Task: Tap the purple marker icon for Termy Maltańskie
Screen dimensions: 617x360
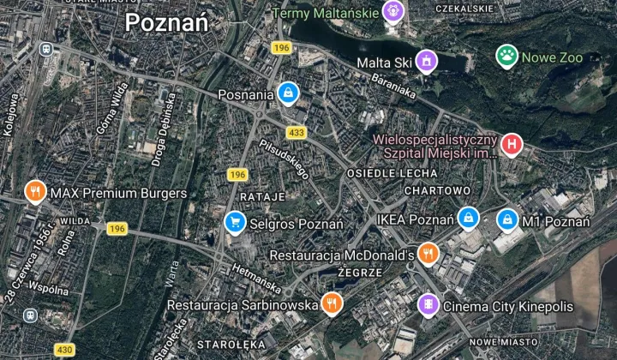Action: [x=393, y=10]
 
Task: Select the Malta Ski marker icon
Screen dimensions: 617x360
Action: [x=426, y=61]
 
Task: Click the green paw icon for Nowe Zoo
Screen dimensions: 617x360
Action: [x=507, y=57]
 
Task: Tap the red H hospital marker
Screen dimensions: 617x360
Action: [x=512, y=144]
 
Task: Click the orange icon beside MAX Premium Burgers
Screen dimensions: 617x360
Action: [x=35, y=192]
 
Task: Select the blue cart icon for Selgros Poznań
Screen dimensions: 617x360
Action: [x=234, y=223]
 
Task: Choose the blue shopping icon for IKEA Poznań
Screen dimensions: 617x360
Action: [x=468, y=219]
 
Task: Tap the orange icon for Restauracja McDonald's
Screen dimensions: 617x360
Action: [x=428, y=254]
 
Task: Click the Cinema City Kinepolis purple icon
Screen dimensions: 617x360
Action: [x=428, y=304]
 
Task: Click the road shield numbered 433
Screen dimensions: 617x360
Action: [x=297, y=133]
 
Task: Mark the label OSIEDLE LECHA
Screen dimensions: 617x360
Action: [x=380, y=172]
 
